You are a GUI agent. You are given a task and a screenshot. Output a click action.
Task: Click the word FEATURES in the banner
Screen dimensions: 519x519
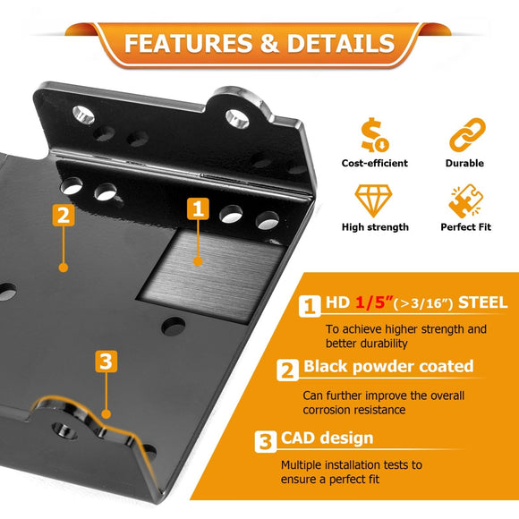188,43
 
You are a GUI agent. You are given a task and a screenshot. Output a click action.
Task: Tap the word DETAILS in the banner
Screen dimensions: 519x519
341,43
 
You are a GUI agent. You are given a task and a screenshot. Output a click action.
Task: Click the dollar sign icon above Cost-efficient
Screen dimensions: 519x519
374,135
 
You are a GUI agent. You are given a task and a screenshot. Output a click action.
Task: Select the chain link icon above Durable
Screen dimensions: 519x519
467,134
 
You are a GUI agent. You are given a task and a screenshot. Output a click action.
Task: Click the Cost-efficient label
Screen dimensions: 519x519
374,163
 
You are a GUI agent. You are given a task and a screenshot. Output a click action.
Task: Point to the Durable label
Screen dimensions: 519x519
464,163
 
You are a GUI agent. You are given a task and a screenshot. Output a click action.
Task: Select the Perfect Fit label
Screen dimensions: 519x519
465,227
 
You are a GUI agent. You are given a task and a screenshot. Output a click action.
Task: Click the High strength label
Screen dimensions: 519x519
375,227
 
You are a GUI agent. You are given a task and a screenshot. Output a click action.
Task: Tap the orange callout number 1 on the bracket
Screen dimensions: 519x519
198,208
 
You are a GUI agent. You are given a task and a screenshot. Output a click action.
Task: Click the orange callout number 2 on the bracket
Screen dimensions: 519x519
64,215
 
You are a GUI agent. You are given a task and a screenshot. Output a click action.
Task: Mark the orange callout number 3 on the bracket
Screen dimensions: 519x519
106,362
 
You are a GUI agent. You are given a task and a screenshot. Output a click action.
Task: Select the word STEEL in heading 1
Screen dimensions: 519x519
482,302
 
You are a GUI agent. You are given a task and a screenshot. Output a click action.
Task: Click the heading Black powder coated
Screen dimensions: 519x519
388,367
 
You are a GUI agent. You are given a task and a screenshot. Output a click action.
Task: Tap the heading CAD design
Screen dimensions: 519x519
327,438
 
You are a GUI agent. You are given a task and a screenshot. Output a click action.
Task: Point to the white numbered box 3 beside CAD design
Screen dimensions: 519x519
266,441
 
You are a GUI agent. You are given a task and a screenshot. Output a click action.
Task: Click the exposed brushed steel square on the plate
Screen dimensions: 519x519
212,276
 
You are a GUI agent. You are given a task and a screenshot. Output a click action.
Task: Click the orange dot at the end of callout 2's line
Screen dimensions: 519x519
64,268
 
